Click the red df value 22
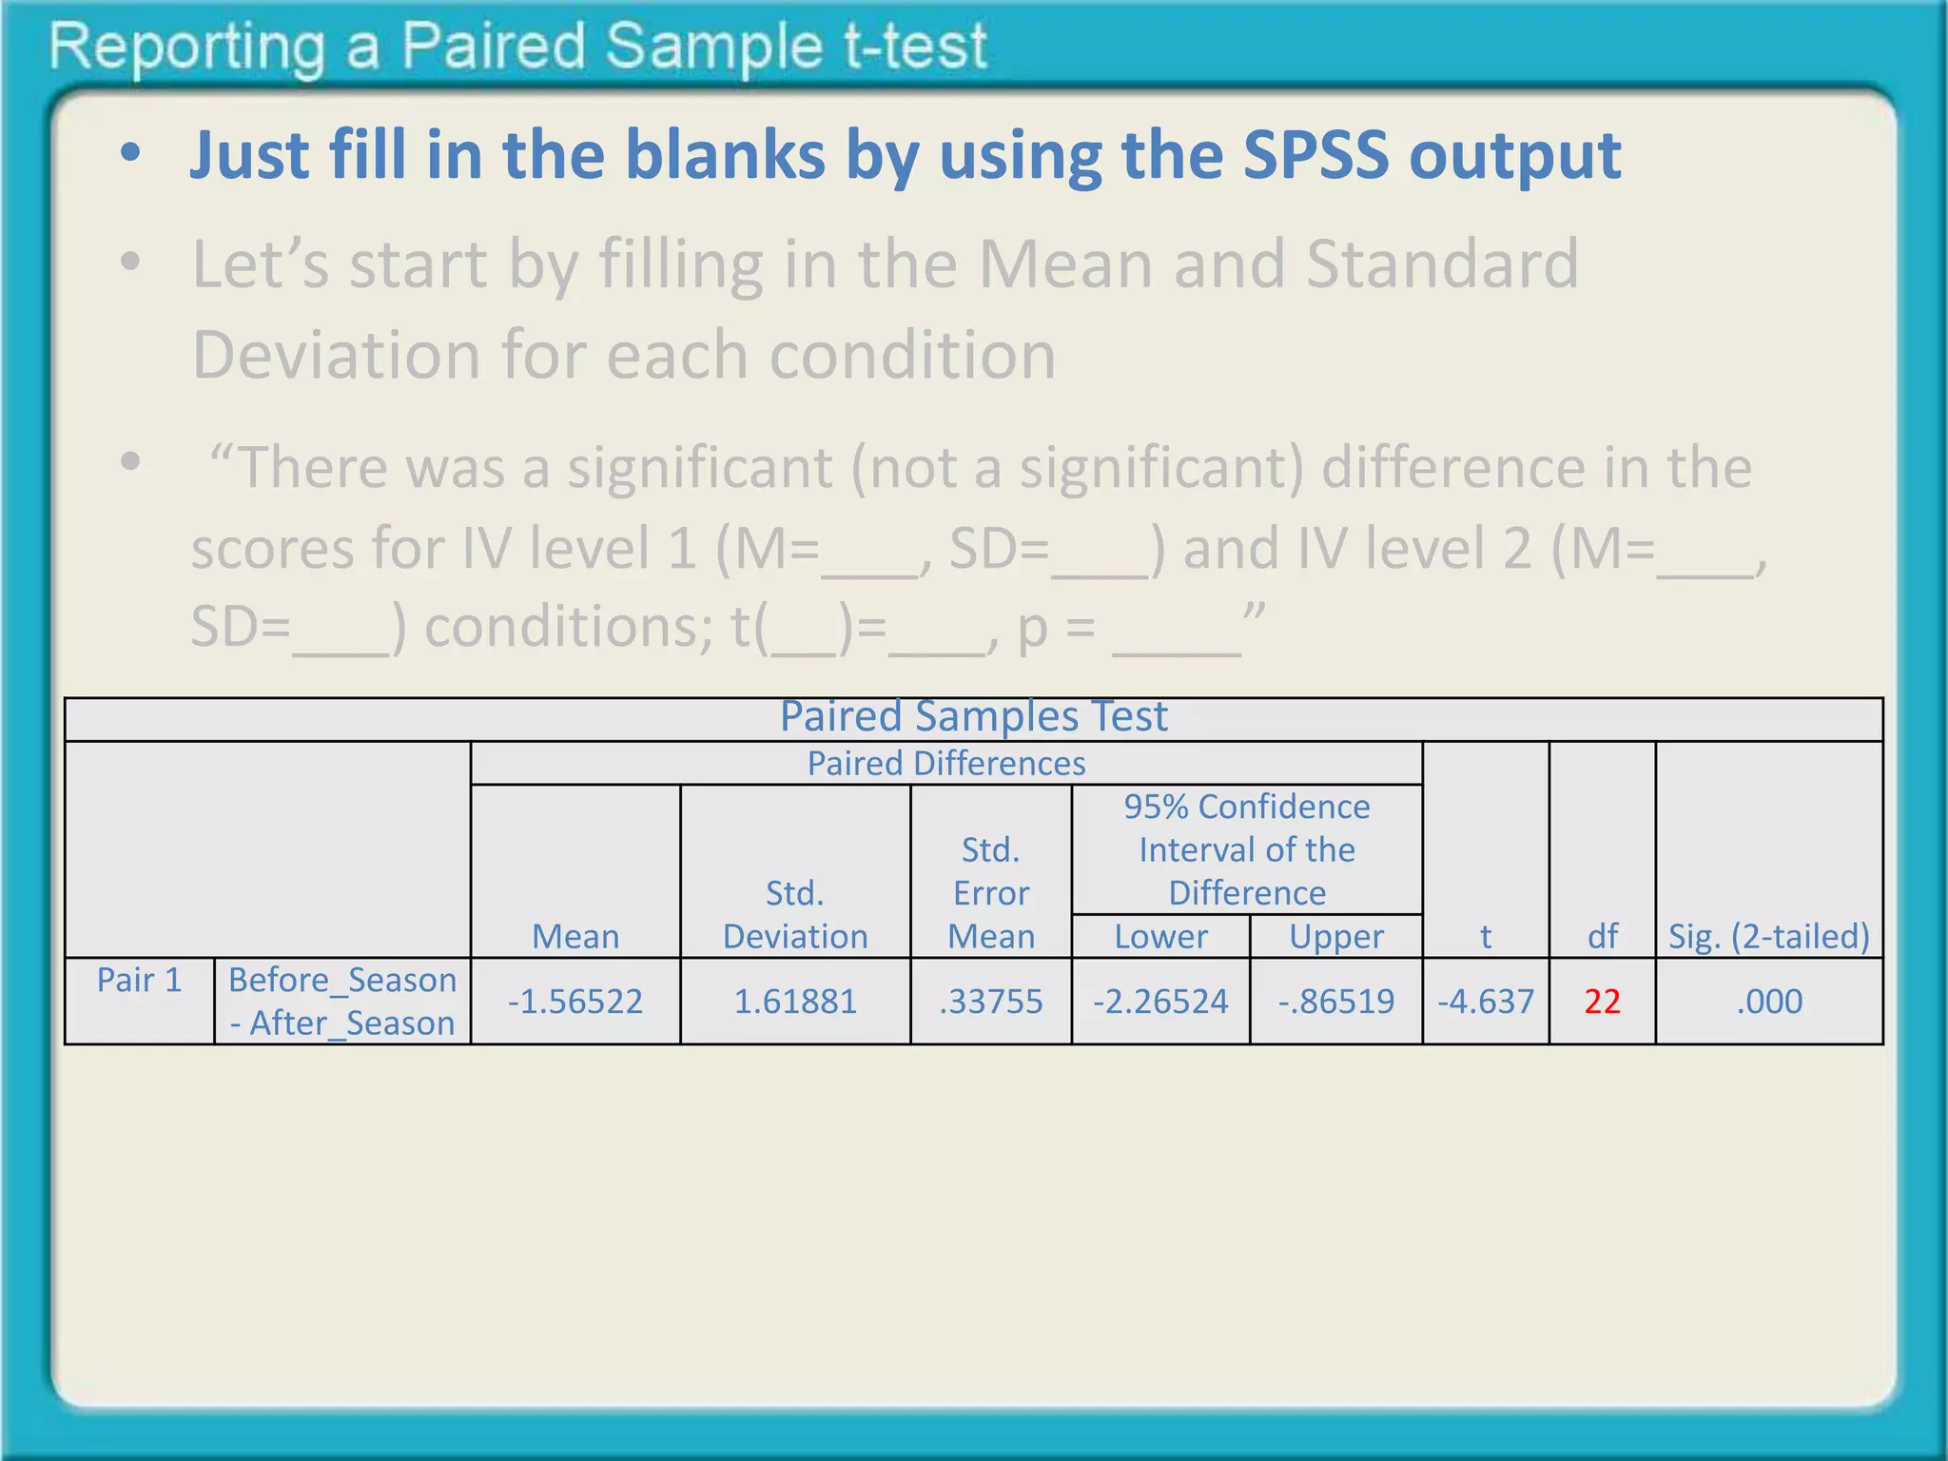[x=1602, y=1002]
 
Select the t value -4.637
[x=1486, y=1002]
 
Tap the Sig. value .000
[x=1769, y=1002]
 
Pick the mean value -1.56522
[x=575, y=1002]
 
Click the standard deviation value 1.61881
[x=795, y=1002]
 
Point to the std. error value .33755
[x=991, y=1002]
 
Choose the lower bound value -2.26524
[x=1160, y=1002]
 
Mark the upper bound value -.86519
[x=1336, y=1002]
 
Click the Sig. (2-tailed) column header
[x=1769, y=937]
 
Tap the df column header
[x=1603, y=937]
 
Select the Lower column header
[x=1160, y=937]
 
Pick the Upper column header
[x=1336, y=937]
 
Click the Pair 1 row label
[x=139, y=980]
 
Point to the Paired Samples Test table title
[x=973, y=716]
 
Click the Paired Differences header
[x=946, y=764]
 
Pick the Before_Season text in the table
[x=342, y=980]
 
